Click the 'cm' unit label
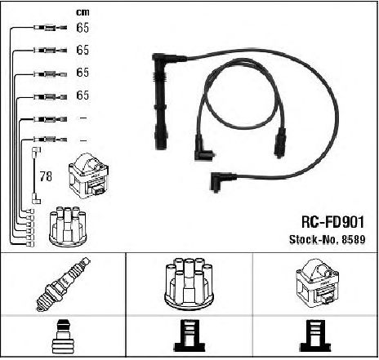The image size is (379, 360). (x=82, y=12)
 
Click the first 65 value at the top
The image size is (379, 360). (x=82, y=28)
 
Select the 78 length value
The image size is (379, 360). (x=46, y=176)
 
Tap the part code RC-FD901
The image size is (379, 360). (x=332, y=222)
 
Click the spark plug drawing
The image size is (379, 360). (x=63, y=284)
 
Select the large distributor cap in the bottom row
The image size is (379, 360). (x=189, y=283)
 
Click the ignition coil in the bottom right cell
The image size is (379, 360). (x=318, y=283)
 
